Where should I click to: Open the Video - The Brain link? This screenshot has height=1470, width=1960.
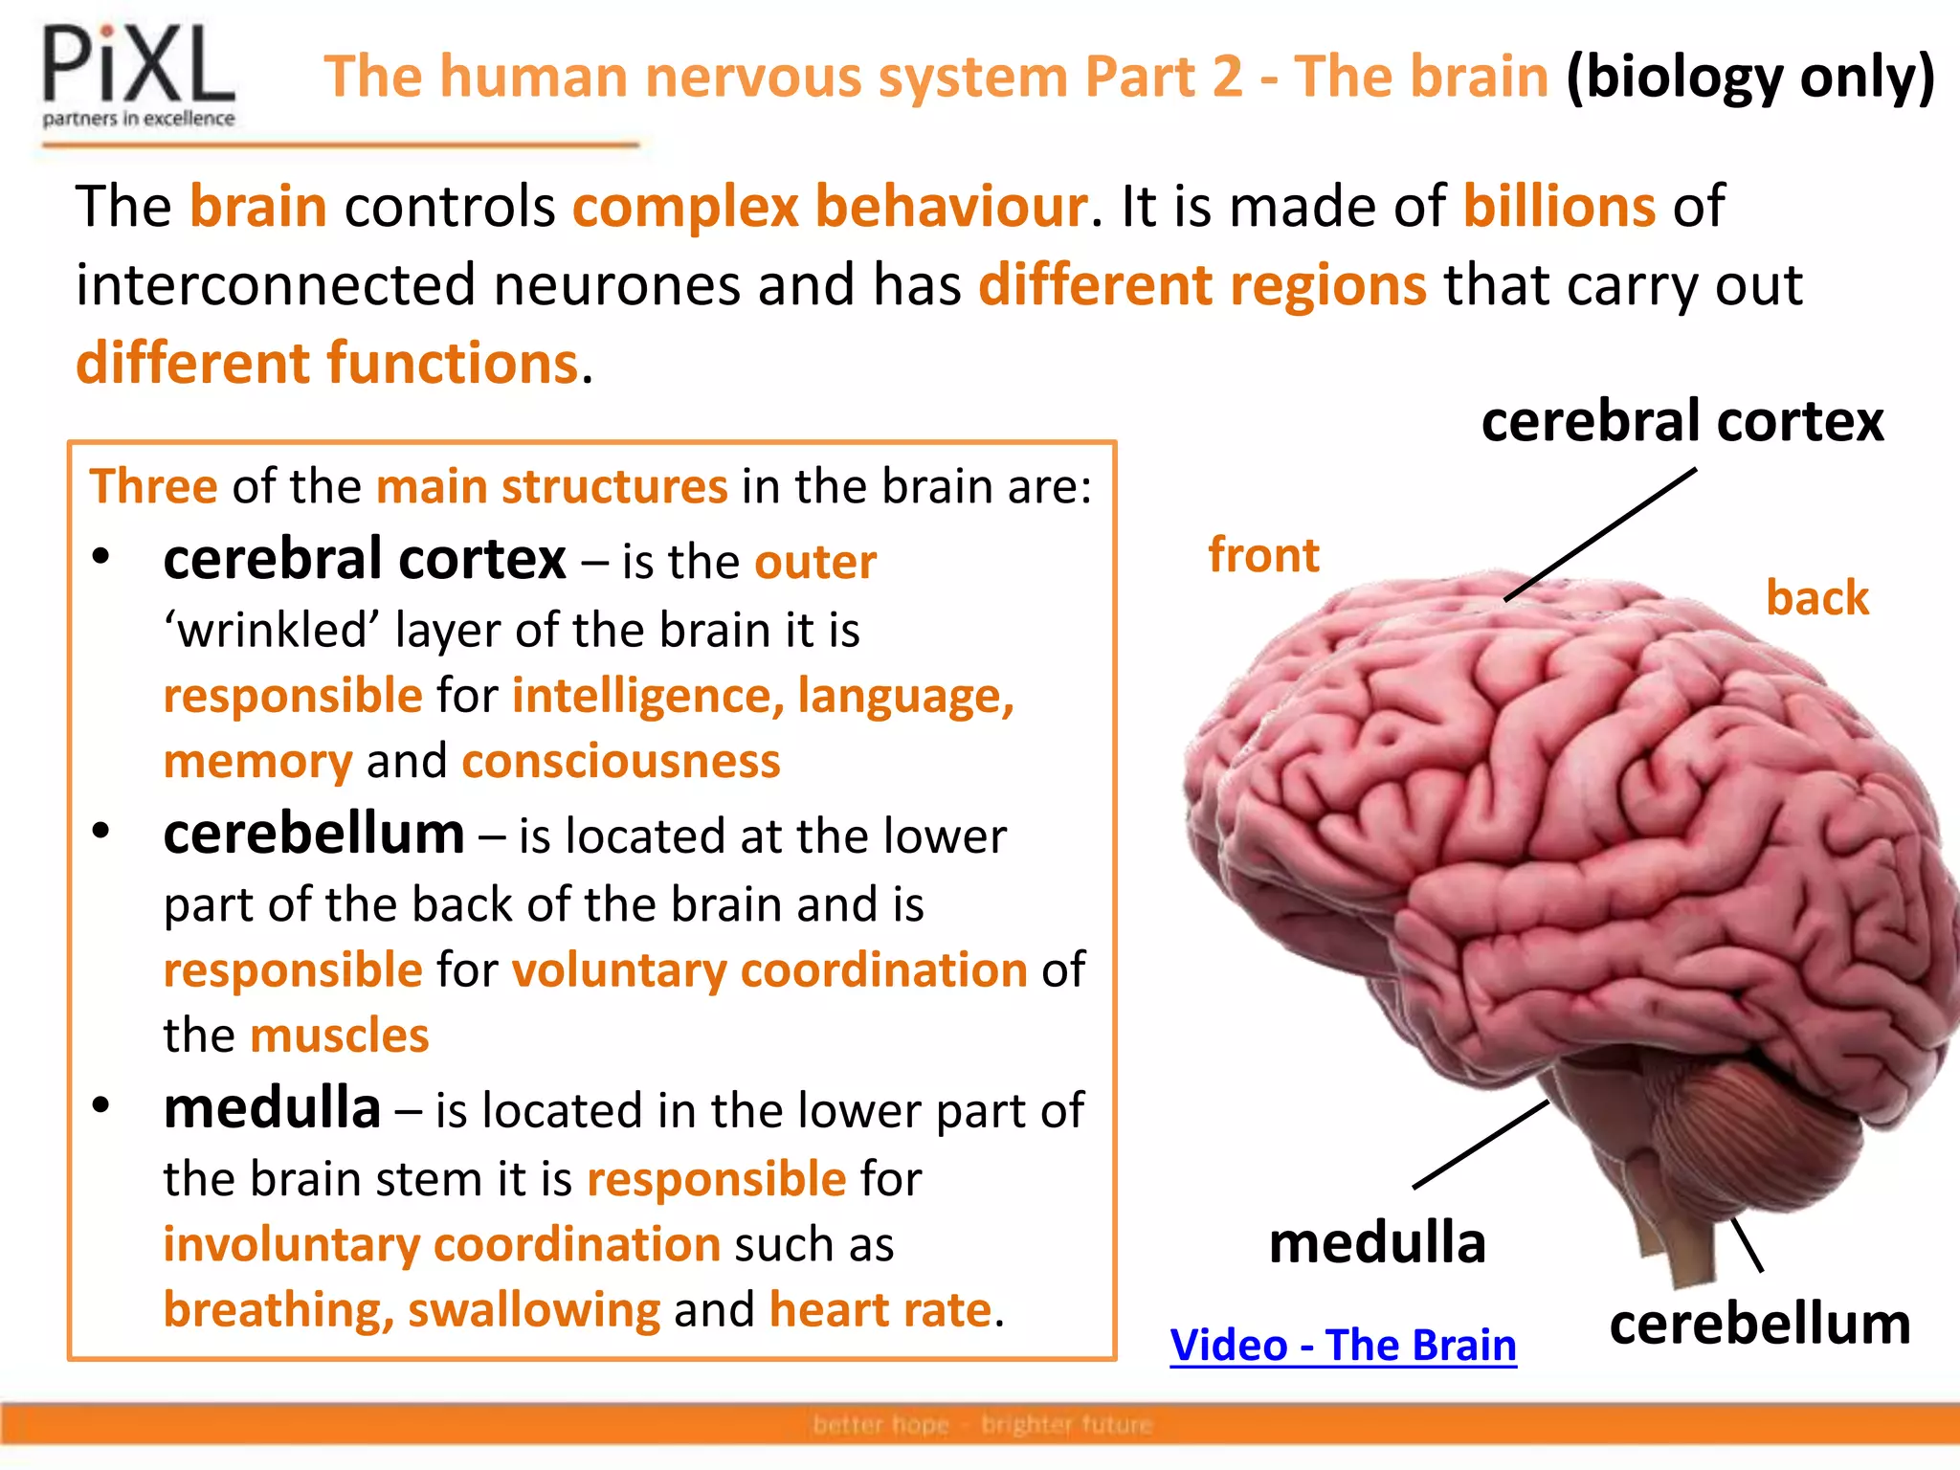1343,1345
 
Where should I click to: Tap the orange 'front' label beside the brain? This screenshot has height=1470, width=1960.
1263,555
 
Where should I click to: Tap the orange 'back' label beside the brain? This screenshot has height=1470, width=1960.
1816,597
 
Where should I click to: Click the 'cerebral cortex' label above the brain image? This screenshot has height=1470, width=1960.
1682,421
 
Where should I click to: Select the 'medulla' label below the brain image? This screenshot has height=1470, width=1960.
1377,1242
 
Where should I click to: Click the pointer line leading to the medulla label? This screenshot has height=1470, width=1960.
1481,1145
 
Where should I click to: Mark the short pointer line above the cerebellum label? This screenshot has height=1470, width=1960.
1748,1244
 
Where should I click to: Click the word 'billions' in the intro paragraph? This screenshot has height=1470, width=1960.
1559,206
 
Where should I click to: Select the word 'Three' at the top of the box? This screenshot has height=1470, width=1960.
153,486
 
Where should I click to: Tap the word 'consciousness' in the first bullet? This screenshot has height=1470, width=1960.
620,761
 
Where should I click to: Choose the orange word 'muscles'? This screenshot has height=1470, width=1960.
339,1036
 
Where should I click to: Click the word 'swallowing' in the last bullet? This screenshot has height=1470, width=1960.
534,1309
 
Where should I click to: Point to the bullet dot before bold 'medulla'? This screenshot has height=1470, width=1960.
101,1105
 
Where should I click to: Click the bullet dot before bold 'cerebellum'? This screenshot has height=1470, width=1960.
101,831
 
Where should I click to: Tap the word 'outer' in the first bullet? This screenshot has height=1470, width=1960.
815,562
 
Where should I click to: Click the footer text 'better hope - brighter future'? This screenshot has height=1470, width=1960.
982,1425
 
